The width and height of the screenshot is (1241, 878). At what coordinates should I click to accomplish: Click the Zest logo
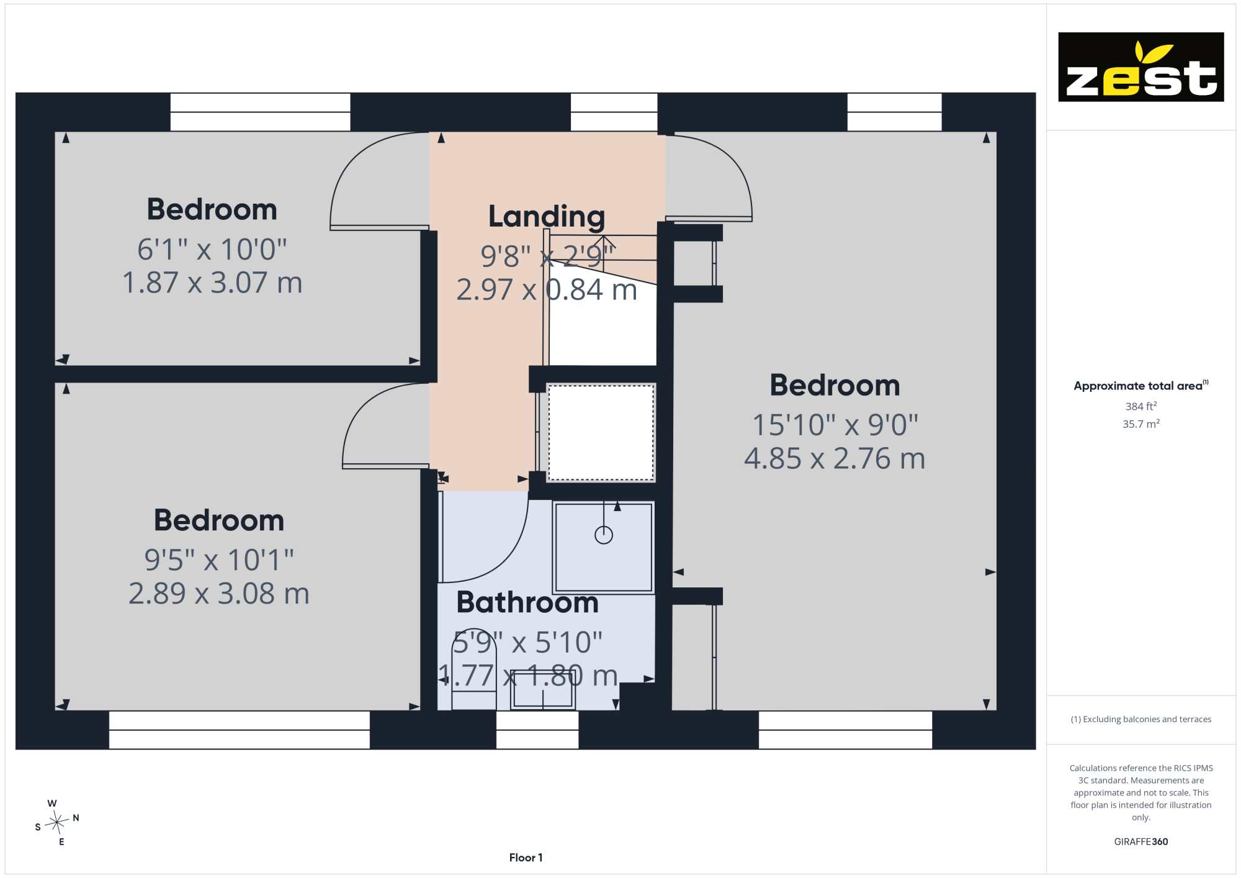tap(1140, 67)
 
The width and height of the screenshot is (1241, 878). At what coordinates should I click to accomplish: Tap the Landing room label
tap(547, 217)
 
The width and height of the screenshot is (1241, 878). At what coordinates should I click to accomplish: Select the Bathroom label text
tap(527, 602)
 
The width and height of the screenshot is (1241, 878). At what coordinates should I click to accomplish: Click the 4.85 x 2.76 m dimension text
tap(835, 459)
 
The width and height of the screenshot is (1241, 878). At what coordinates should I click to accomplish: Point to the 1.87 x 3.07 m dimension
tap(212, 283)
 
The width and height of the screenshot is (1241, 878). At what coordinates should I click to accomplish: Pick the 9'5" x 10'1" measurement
tap(219, 560)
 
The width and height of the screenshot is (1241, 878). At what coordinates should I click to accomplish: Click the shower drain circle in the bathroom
tap(604, 535)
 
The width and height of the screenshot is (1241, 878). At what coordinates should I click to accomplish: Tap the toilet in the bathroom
tap(474, 669)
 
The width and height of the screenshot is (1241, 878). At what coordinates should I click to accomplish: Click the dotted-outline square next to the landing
tap(601, 433)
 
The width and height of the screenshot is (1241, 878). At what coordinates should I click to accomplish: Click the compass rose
tap(57, 823)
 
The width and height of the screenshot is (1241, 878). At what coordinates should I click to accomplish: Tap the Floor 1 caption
tap(526, 858)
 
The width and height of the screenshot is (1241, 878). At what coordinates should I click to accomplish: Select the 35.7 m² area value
tap(1140, 423)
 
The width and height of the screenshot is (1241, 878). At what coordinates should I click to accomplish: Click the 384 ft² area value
tap(1140, 406)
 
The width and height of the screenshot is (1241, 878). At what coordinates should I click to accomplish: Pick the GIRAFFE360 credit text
tap(1140, 841)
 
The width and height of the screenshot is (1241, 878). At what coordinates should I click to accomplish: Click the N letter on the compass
tap(76, 818)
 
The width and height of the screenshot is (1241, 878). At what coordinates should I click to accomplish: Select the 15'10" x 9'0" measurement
tap(835, 425)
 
